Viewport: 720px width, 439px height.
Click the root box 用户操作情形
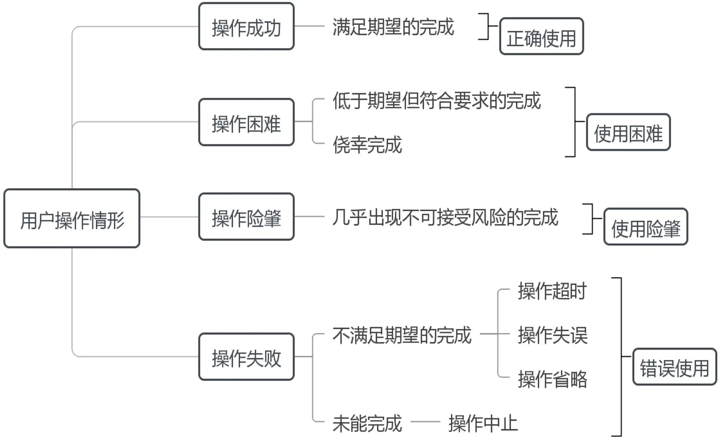pos(72,219)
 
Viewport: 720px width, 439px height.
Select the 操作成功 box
pos(246,27)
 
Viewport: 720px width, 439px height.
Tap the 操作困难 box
pos(246,122)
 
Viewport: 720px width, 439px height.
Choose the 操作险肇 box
pos(246,217)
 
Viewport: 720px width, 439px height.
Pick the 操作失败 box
pos(246,357)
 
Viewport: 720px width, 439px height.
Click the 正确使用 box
pos(541,36)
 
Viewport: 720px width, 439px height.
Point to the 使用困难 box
pos(628,132)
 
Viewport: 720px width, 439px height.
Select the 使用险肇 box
pos(645,227)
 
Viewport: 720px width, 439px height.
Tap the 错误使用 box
pos(674,367)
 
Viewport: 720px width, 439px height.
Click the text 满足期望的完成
pos(393,27)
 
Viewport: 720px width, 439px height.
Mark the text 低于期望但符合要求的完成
pos(436,101)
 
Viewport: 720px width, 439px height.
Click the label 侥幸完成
pos(367,145)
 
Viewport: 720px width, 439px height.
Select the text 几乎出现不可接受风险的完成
pos(445,217)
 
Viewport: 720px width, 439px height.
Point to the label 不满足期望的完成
pos(402,335)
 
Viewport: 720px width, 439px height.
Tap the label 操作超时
pos(552,291)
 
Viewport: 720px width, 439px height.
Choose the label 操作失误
pos(552,335)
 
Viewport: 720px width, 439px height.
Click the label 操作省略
pos(552,379)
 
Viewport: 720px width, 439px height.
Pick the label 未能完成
pos(367,423)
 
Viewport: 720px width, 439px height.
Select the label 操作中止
pos(483,423)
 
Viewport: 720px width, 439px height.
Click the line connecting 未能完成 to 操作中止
pos(425,422)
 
